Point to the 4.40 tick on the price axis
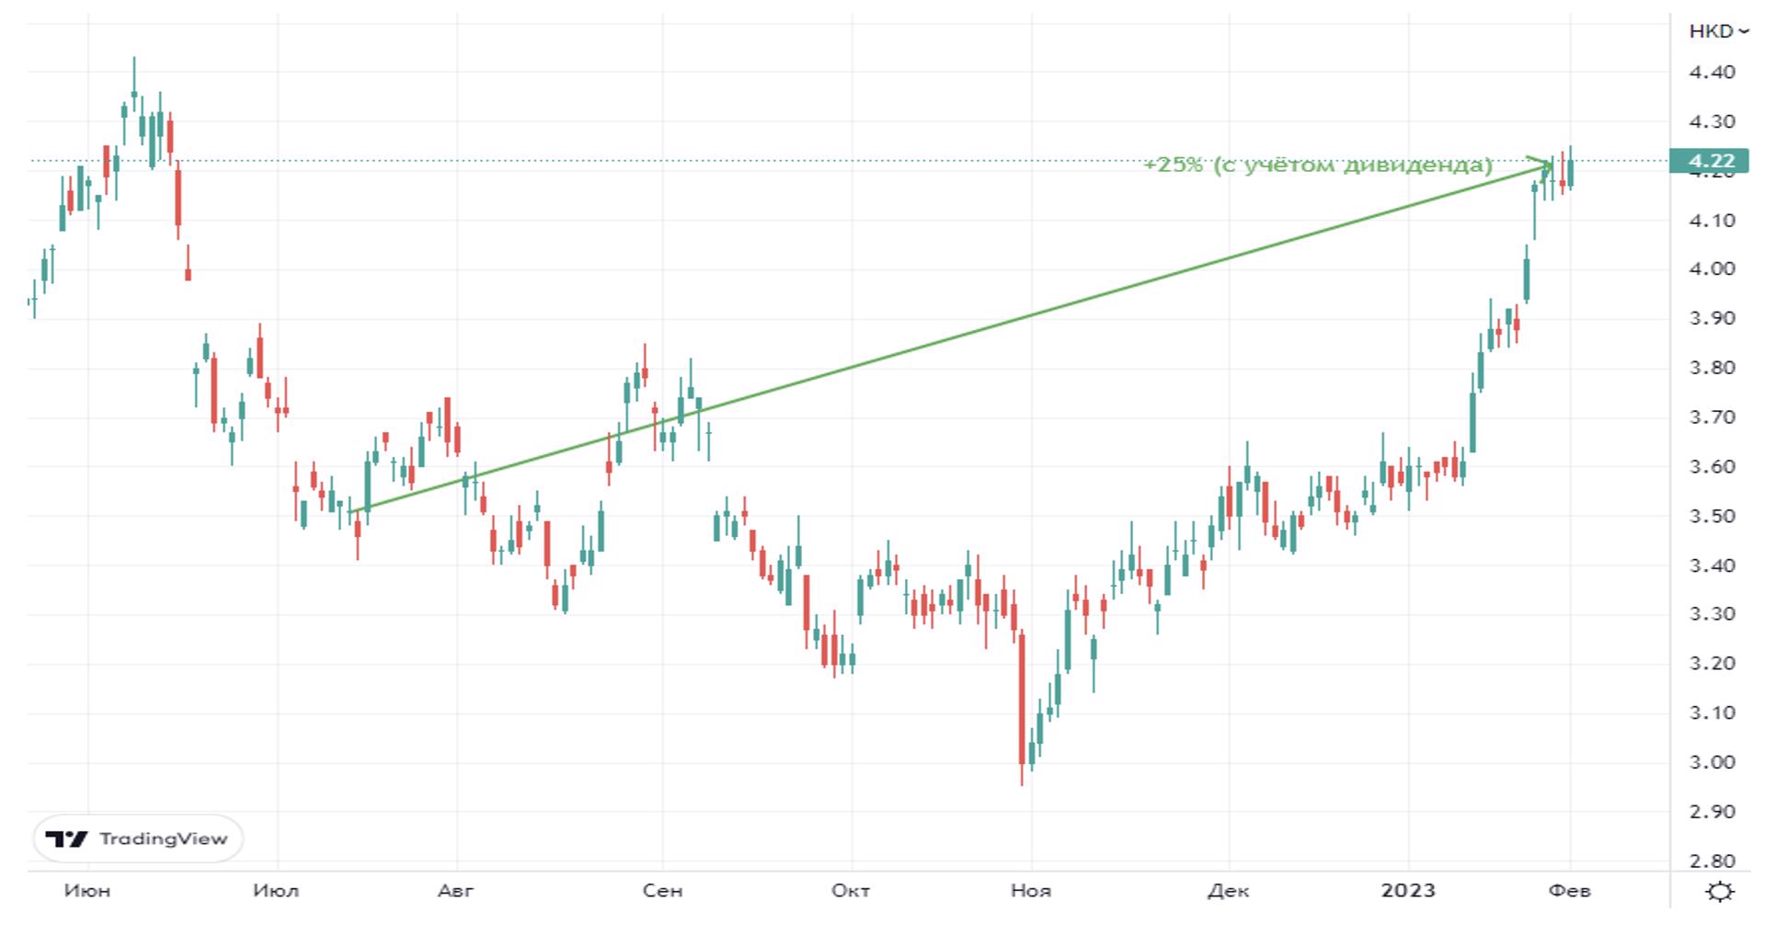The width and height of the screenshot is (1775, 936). pos(1712,72)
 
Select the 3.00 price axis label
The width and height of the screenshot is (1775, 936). pos(1712,762)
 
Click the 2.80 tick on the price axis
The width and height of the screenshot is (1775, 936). pos(1712,862)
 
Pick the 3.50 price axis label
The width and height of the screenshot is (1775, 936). pos(1712,516)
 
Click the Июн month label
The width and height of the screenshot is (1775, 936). pos(87,891)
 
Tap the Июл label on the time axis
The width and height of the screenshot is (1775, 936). pos(276,891)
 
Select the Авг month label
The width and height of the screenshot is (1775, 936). pos(456,891)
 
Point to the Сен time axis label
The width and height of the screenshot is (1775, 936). pos(662,891)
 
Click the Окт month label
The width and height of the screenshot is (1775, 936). pos(851,891)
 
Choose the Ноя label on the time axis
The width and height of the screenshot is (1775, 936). pos(1031,891)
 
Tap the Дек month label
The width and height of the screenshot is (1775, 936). pos(1228,891)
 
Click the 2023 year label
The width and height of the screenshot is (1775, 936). pos(1408,891)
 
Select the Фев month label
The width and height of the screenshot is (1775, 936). pos(1570,891)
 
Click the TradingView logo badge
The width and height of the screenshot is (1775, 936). pos(138,839)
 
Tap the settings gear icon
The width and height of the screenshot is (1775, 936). pos(1719,892)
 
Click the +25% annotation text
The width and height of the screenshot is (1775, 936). pos(1317,166)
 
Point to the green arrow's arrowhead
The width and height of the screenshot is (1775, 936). pos(1546,164)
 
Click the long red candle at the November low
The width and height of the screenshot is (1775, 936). pos(1022,699)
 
